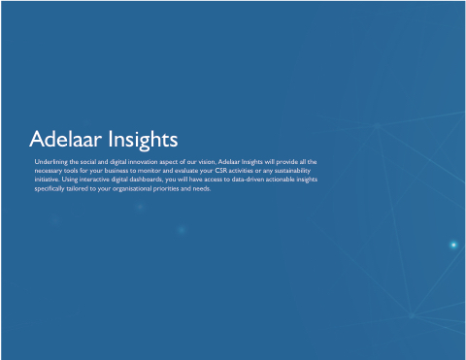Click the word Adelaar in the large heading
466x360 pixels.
coord(66,139)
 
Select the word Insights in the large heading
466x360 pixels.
coord(143,141)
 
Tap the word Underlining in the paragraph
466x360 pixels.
coord(50,162)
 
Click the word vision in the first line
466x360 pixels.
coord(207,161)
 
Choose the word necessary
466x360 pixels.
coord(48,171)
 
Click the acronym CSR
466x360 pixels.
coord(221,170)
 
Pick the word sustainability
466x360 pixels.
coord(292,171)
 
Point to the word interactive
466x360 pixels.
coord(94,180)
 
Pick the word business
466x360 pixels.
coord(116,170)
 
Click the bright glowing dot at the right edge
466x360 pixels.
coord(453,245)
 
